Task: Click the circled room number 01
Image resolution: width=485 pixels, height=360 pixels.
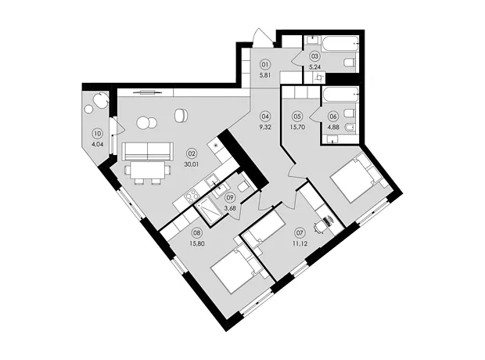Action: tap(266, 64)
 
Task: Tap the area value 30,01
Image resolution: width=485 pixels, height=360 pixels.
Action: tap(191, 164)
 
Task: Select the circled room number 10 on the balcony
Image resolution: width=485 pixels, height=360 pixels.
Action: tap(98, 133)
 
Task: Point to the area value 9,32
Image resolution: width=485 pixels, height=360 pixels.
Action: tap(265, 127)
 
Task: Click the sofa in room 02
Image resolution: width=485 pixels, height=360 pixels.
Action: tap(148, 151)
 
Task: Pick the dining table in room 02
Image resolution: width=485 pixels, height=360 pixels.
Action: tap(148, 171)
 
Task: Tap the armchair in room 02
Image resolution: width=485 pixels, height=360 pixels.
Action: tap(180, 116)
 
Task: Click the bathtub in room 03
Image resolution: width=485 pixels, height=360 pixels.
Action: tap(340, 44)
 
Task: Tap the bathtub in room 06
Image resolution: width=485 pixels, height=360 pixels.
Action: tap(340, 95)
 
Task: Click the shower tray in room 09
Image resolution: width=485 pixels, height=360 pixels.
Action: tap(209, 211)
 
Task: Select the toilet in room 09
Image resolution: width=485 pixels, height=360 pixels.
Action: tap(242, 185)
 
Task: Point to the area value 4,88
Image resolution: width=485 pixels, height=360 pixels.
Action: tap(333, 127)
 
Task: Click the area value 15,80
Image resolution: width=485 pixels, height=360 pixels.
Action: tap(197, 243)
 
